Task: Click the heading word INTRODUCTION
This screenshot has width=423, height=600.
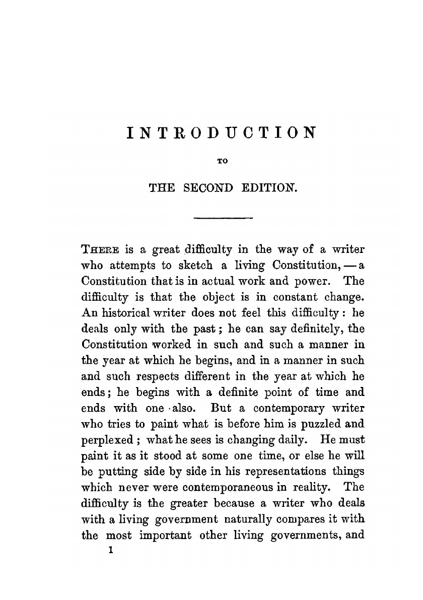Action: pos(221,133)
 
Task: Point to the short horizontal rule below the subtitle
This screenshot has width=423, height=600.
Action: pos(223,218)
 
